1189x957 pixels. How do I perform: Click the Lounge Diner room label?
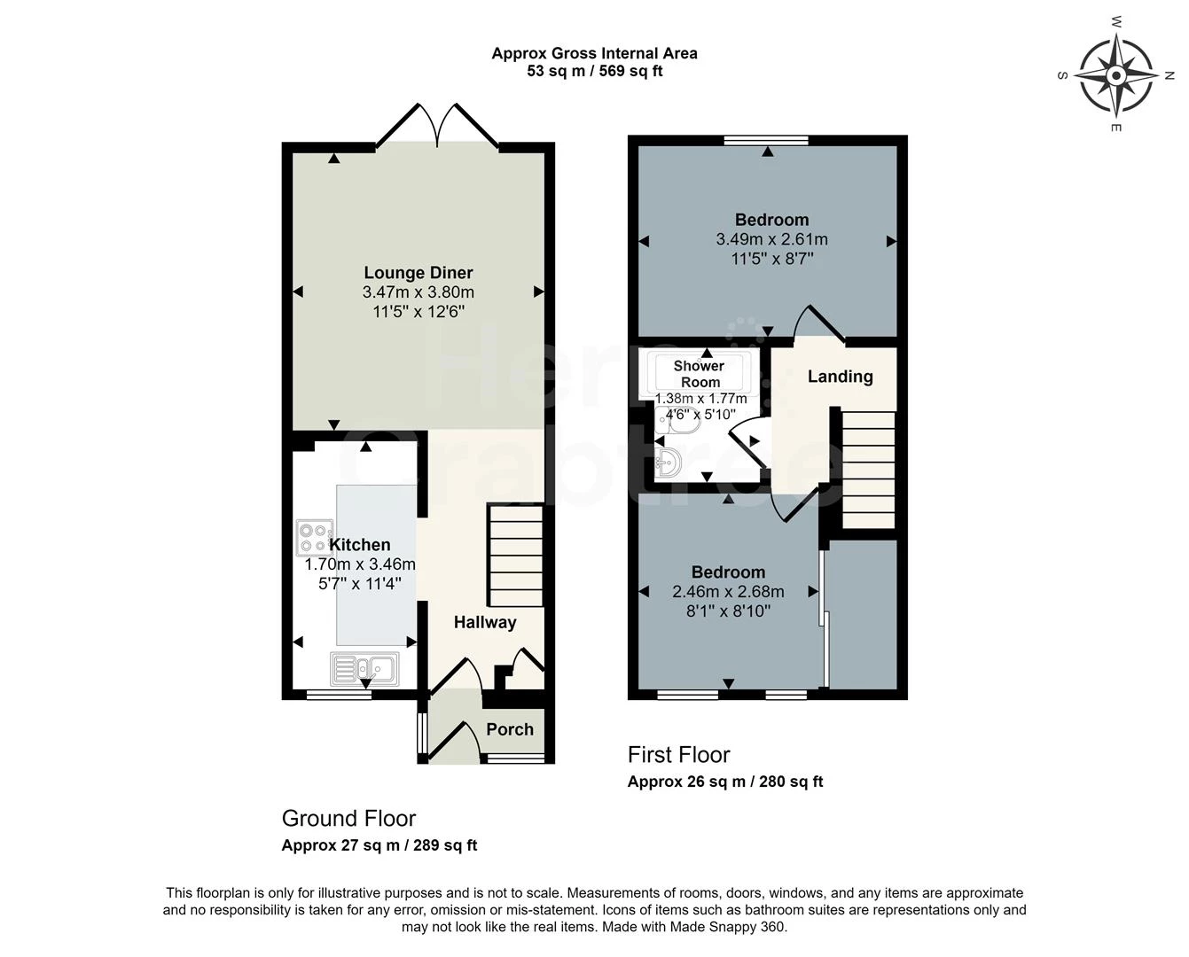click(418, 273)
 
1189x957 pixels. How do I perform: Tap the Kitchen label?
click(360, 544)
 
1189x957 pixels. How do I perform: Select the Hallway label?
click(485, 622)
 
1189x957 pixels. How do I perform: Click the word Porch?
click(510, 729)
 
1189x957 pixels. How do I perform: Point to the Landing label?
click(841, 377)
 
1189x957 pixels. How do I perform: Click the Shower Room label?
click(700, 374)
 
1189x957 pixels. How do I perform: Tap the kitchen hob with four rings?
click(315, 537)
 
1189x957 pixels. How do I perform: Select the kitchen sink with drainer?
click(364, 669)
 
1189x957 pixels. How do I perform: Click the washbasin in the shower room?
click(669, 461)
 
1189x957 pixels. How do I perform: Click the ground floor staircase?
click(515, 555)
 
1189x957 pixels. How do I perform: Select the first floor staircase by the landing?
click(867, 470)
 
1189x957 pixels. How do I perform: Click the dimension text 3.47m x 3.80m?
click(418, 292)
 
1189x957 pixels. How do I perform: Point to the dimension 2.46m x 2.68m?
click(728, 592)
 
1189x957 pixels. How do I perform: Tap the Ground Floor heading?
click(348, 819)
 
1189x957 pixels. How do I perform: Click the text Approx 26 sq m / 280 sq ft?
click(725, 782)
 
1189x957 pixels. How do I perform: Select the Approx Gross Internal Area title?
click(594, 53)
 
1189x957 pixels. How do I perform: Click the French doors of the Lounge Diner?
click(437, 126)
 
